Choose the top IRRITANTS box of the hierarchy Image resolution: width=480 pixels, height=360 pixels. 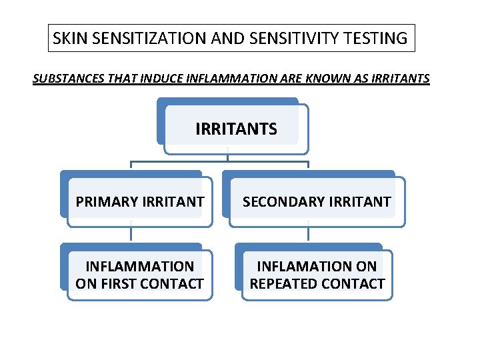(236, 129)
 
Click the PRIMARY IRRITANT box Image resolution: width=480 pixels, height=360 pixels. (139, 201)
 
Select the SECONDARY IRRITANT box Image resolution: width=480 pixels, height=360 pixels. (317, 201)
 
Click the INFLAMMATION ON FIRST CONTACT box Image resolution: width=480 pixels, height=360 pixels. (139, 275)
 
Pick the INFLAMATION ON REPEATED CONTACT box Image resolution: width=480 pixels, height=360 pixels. (317, 275)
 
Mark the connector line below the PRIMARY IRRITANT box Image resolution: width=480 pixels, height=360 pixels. (131, 234)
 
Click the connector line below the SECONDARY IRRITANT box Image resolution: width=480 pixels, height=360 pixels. (308, 234)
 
